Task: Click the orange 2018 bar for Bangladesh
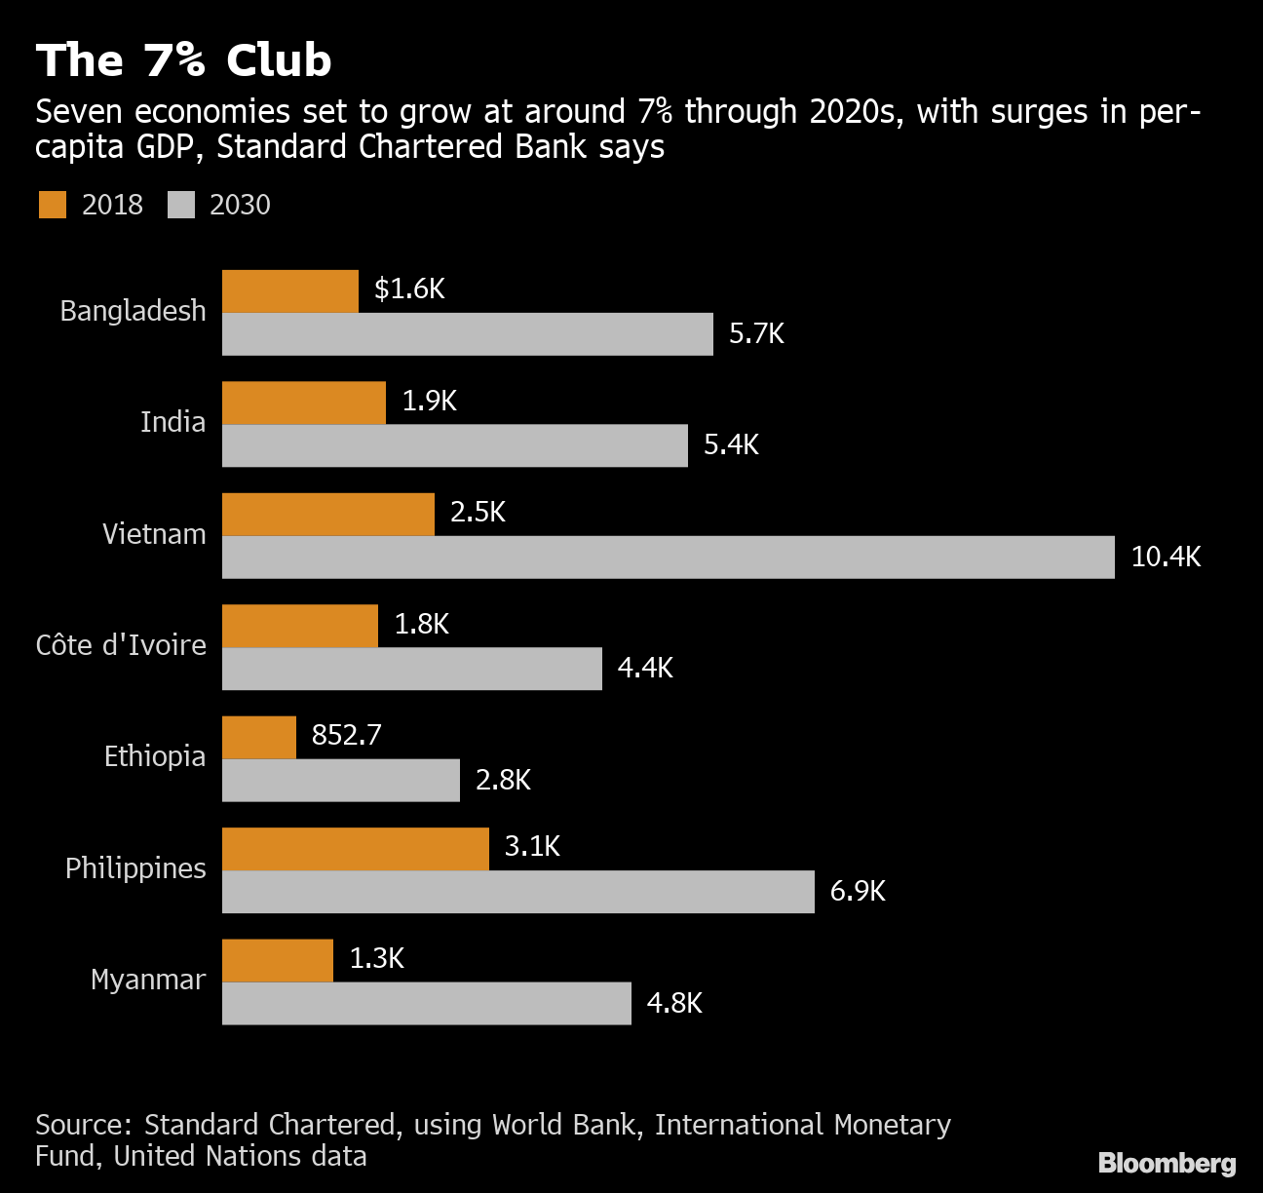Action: pyautogui.click(x=290, y=291)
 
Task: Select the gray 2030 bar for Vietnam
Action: pyautogui.click(x=668, y=557)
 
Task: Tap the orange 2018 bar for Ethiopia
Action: pyautogui.click(x=259, y=737)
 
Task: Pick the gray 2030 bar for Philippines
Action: pyautogui.click(x=517, y=892)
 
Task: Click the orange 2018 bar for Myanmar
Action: pyautogui.click(x=278, y=960)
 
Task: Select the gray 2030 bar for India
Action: pyautogui.click(x=454, y=445)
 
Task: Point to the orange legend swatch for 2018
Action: pyautogui.click(x=53, y=205)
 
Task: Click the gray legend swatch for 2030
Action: pyautogui.click(x=181, y=205)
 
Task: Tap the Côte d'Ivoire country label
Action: pyautogui.click(x=121, y=645)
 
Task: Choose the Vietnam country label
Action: pyautogui.click(x=154, y=534)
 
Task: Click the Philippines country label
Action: pyautogui.click(x=135, y=868)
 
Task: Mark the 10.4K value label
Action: pyautogui.click(x=1166, y=557)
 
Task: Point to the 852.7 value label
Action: pyautogui.click(x=346, y=735)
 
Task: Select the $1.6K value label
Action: pyautogui.click(x=409, y=289)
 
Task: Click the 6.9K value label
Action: pyautogui.click(x=858, y=891)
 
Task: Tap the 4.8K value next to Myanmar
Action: pyautogui.click(x=674, y=1003)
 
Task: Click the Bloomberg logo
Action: pyautogui.click(x=1167, y=1163)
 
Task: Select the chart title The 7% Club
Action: pyautogui.click(x=183, y=60)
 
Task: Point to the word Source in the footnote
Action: pyautogui.click(x=83, y=1125)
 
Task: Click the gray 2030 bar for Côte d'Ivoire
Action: pyautogui.click(x=411, y=669)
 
